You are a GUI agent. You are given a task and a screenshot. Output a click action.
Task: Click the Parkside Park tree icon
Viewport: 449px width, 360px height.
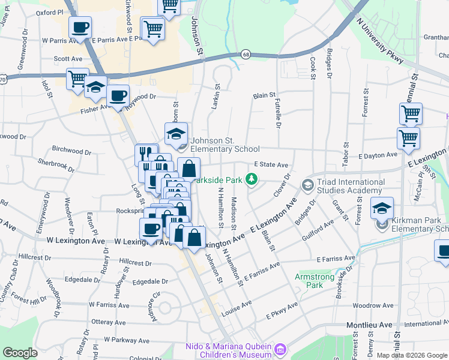point(253,178)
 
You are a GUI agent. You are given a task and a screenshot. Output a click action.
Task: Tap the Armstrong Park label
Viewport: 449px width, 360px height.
point(309,281)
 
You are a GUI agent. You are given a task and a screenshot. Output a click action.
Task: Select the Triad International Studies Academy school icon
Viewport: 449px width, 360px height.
point(308,184)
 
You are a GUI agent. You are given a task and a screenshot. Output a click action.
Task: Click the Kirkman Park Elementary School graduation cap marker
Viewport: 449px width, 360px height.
point(382,209)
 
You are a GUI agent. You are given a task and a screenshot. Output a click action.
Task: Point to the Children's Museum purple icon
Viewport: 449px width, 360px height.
point(279,349)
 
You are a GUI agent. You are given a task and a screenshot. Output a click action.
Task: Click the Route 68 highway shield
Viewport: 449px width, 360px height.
point(246,55)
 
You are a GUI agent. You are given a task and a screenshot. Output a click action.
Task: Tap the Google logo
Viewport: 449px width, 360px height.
point(20,353)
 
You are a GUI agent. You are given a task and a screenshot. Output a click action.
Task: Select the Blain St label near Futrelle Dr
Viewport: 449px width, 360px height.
point(264,95)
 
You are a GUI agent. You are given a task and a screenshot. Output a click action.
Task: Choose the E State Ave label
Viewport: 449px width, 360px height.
point(271,164)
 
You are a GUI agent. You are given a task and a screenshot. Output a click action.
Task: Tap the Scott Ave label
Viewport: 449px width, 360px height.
point(68,59)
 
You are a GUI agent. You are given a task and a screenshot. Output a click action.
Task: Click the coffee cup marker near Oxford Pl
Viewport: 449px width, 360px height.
point(80,28)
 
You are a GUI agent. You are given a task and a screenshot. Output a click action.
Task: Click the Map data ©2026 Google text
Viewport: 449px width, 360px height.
point(411,355)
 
